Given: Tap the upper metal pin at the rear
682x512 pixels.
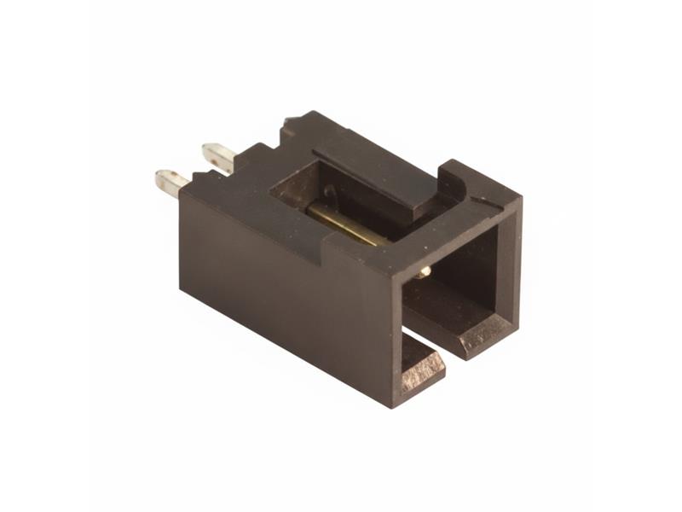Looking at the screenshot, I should point(218,156).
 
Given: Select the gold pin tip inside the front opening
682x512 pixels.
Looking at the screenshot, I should point(424,271).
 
